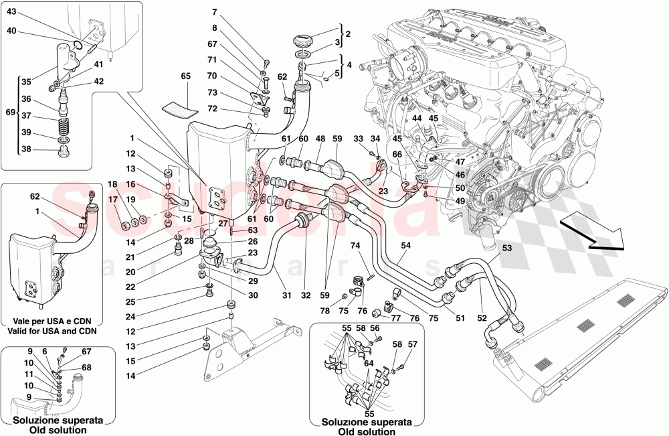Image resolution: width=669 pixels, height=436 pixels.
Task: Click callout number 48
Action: (320, 139)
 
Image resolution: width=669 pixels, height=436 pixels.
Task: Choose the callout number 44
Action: (417, 119)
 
